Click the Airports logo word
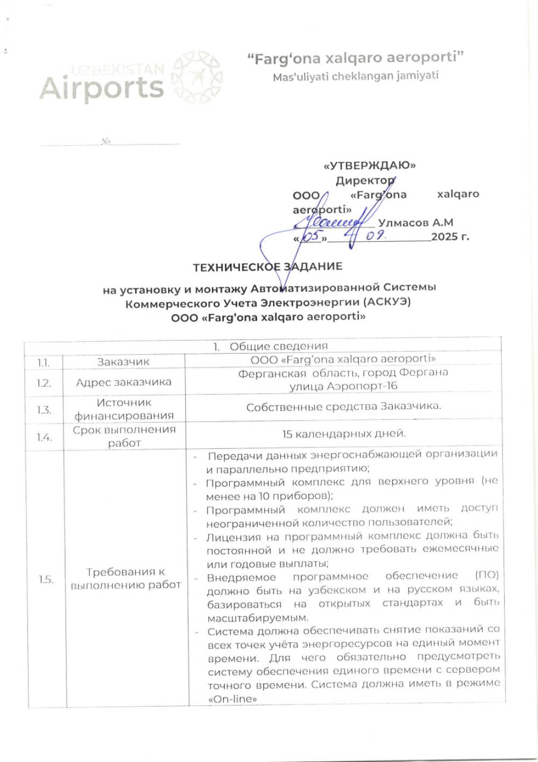coord(101,88)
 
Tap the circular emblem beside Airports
coord(196,76)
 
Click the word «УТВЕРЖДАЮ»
coord(370,165)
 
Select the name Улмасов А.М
coord(415,222)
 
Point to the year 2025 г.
coord(450,236)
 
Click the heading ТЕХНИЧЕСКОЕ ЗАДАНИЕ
coord(267,266)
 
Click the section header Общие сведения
coord(278,346)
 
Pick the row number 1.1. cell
coord(43,362)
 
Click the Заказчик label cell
coord(123,362)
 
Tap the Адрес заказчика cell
coord(123,382)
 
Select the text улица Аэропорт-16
coord(343,386)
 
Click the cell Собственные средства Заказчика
coord(343,407)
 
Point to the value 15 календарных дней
coord(344,434)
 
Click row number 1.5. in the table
coord(46,579)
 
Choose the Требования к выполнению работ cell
coord(125,578)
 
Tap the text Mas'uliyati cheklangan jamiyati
coord(355,76)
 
